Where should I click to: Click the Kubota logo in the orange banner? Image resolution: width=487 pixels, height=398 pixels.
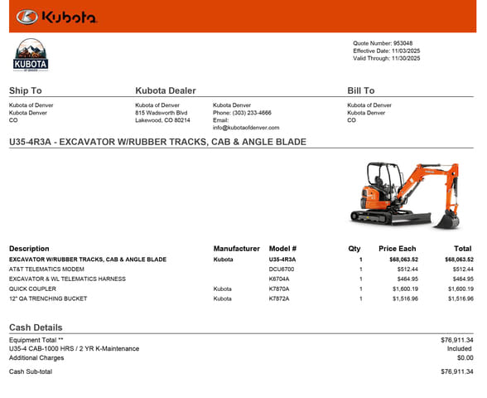(x=56, y=17)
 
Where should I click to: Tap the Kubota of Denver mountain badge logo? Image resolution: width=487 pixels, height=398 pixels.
(x=31, y=56)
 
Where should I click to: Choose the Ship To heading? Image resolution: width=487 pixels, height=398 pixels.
(x=25, y=90)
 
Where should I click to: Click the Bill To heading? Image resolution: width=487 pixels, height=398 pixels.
(x=360, y=90)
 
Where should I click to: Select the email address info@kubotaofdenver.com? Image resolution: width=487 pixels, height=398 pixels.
(x=246, y=128)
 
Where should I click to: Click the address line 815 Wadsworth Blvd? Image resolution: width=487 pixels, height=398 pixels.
(x=161, y=113)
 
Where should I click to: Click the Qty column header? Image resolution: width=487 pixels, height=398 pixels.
(x=354, y=249)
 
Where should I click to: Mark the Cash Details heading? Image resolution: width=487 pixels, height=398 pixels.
(x=36, y=328)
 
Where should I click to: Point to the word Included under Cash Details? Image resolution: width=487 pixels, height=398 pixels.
(x=460, y=349)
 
